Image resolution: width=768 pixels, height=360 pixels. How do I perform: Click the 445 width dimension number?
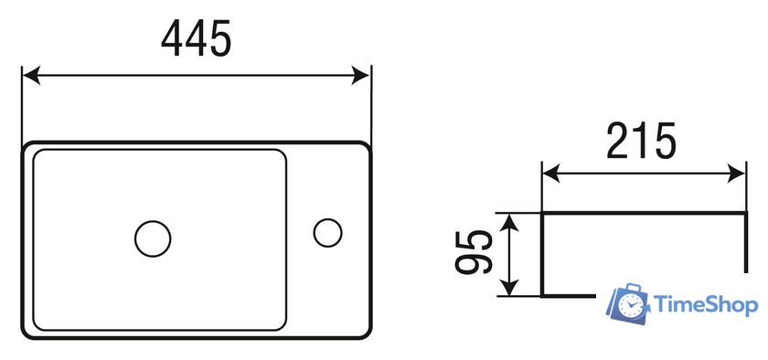[x=196, y=39]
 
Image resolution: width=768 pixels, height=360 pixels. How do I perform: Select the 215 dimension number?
[x=641, y=141]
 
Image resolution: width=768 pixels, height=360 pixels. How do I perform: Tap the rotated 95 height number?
[x=474, y=252]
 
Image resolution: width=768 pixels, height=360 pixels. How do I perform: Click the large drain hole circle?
[x=153, y=238]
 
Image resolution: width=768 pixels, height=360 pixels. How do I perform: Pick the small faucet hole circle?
[x=327, y=233]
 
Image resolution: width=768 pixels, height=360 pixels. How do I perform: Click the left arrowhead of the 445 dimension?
[x=31, y=76]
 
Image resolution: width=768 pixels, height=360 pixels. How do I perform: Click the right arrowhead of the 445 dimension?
[x=360, y=76]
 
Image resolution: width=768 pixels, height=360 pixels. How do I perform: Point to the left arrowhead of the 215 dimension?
[x=551, y=174]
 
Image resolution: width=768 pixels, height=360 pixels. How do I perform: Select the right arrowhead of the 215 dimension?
[x=736, y=174]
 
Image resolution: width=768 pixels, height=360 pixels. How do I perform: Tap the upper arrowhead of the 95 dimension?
[x=510, y=222]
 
